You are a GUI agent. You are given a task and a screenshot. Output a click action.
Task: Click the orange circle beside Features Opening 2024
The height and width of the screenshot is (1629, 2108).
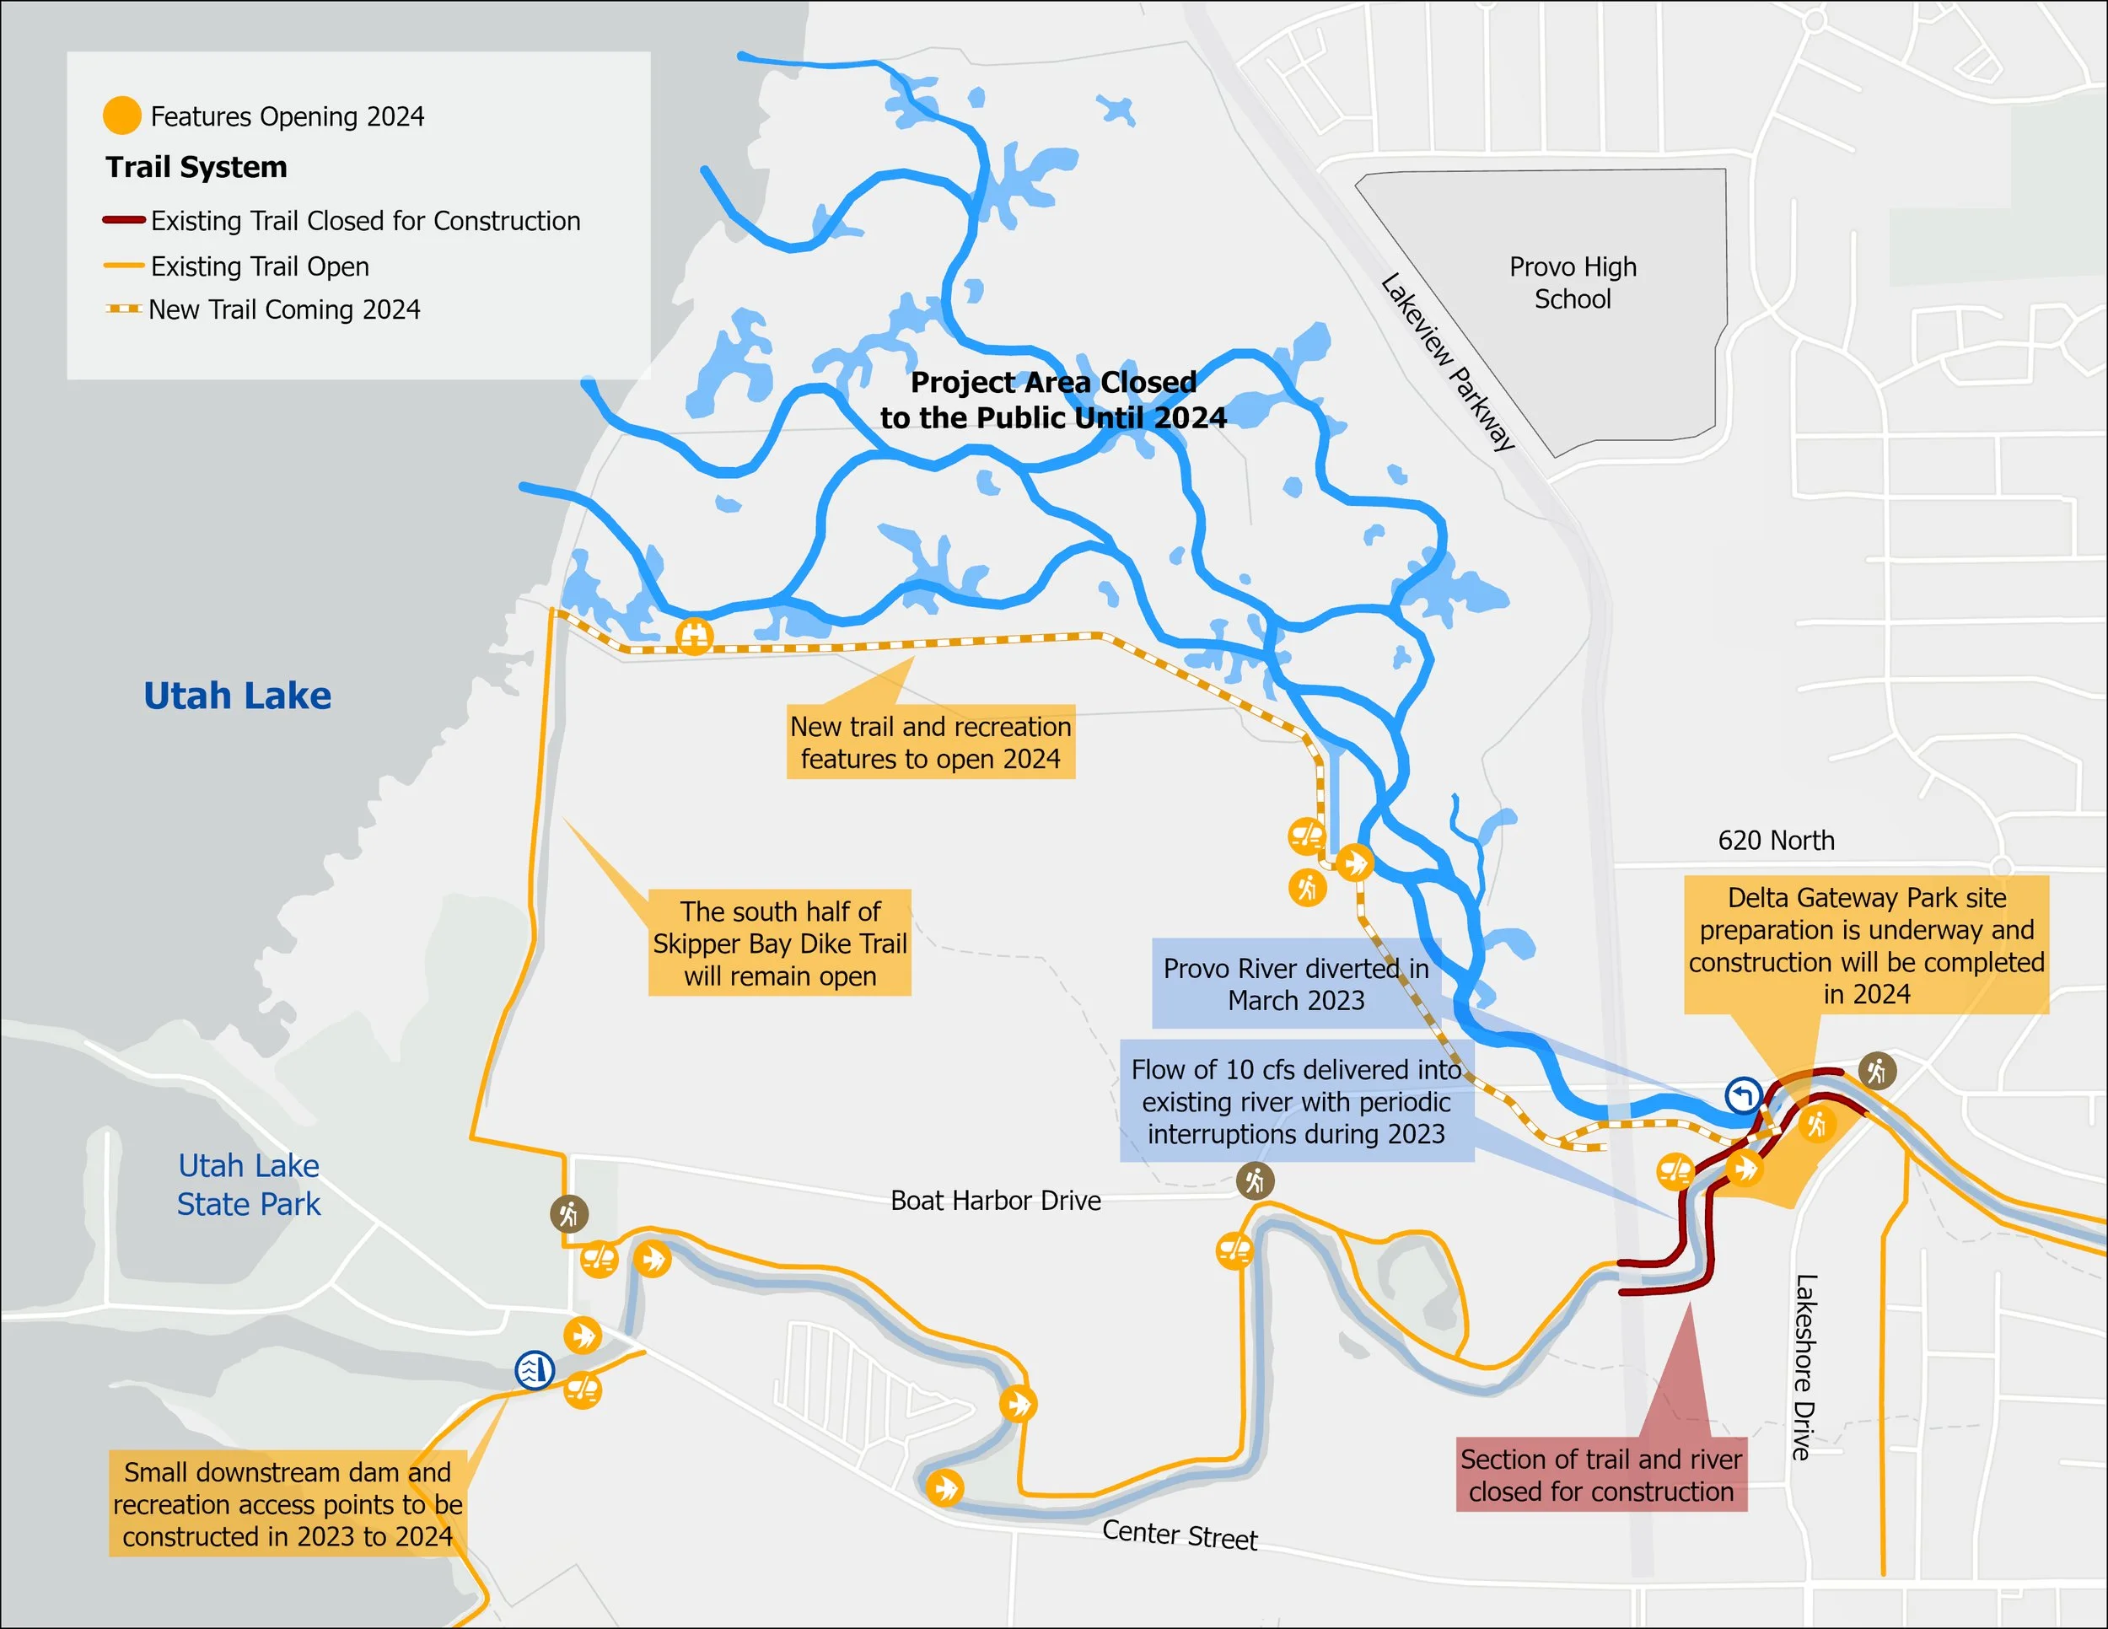pyautogui.click(x=121, y=116)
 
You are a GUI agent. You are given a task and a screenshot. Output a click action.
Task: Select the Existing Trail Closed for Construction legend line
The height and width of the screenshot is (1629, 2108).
pyautogui.click(x=124, y=220)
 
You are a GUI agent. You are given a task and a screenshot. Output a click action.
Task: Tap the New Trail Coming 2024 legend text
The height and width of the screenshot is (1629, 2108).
pyautogui.click(x=284, y=309)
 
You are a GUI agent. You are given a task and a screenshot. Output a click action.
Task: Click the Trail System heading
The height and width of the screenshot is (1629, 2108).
pyautogui.click(x=196, y=167)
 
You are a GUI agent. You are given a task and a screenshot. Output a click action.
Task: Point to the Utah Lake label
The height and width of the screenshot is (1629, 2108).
pyautogui.click(x=238, y=696)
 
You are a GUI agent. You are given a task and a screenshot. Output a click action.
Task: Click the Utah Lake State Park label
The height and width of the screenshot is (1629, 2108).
pyautogui.click(x=248, y=1185)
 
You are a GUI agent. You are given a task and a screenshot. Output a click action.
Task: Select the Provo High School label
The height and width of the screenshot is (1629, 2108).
pyautogui.click(x=1573, y=282)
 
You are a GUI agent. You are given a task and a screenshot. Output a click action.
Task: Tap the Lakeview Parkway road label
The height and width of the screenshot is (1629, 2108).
pyautogui.click(x=1448, y=363)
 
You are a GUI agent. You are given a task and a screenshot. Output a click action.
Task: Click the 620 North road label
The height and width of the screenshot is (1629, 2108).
pyautogui.click(x=1776, y=841)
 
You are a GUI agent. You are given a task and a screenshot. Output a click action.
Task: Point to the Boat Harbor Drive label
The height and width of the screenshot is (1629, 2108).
pyautogui.click(x=995, y=1201)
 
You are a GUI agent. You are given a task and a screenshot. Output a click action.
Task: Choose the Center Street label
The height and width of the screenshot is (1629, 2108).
pyautogui.click(x=1180, y=1535)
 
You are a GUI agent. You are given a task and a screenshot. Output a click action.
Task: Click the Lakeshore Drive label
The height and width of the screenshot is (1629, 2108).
pyautogui.click(x=1804, y=1367)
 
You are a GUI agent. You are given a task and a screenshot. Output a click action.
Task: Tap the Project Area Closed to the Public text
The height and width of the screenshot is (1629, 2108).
pyautogui.click(x=1053, y=401)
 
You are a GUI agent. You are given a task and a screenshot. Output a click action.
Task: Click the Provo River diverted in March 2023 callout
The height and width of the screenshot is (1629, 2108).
pyautogui.click(x=1295, y=984)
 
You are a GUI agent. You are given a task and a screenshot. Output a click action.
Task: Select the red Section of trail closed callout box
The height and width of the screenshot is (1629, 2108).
pyautogui.click(x=1601, y=1476)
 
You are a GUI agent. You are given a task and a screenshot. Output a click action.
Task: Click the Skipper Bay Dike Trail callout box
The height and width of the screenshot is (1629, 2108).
pyautogui.click(x=780, y=943)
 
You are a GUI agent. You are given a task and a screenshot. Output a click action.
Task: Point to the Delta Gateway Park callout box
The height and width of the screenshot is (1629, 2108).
pyautogui.click(x=1866, y=946)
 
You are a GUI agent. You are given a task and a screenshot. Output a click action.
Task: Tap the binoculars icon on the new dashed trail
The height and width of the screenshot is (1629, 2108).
pyautogui.click(x=694, y=636)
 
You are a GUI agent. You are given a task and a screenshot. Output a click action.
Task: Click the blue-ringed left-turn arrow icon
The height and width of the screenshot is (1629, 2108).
pyautogui.click(x=1743, y=1096)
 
